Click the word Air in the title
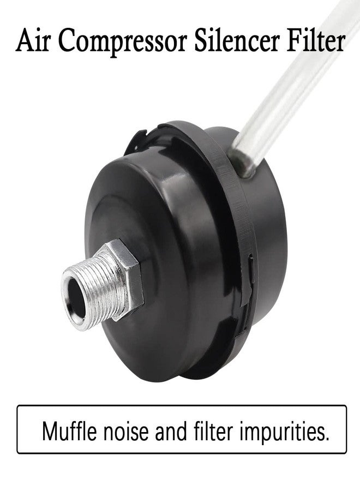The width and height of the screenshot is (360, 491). (x=33, y=40)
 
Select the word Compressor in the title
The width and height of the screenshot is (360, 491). (x=123, y=42)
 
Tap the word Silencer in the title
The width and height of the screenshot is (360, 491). (x=237, y=40)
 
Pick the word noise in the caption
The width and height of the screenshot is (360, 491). (x=126, y=432)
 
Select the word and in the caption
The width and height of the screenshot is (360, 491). (x=171, y=431)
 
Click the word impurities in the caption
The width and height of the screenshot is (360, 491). (x=281, y=433)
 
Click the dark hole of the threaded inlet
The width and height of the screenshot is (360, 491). (x=76, y=298)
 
